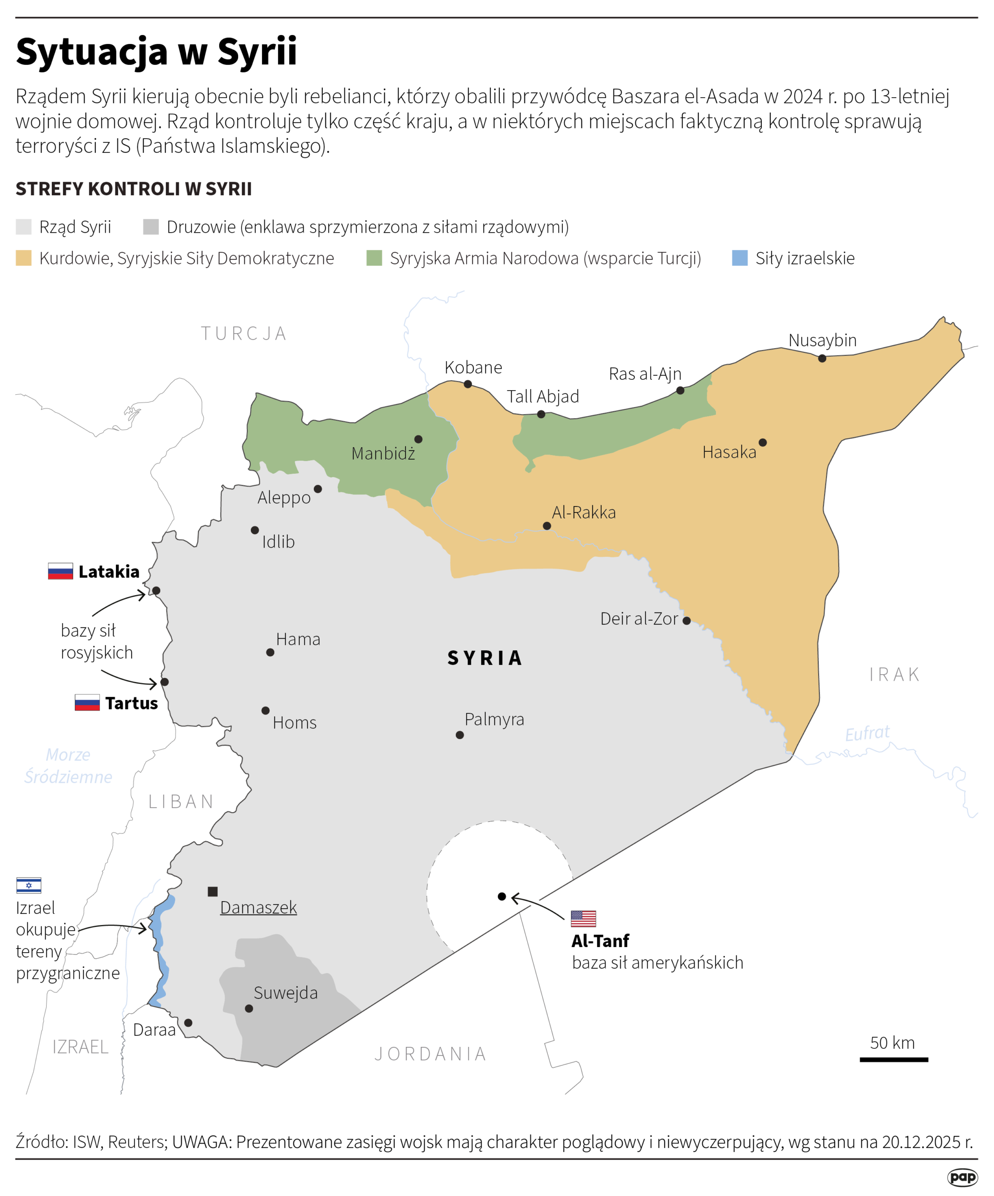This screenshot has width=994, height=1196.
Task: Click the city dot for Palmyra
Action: coord(460,735)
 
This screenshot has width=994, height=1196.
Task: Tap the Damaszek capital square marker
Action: coord(213,891)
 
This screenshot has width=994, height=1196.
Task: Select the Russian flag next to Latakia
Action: coord(60,571)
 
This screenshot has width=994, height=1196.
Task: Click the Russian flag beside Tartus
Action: coord(87,702)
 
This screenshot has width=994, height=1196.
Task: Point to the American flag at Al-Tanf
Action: coord(583,918)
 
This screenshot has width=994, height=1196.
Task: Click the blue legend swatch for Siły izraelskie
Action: coord(739,258)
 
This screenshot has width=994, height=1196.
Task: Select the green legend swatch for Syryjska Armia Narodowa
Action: coord(374,258)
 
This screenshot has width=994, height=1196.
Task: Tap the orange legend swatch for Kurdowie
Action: coord(23,258)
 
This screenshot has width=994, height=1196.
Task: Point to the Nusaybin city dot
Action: coord(822,358)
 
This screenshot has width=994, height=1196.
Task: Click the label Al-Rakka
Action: coord(583,513)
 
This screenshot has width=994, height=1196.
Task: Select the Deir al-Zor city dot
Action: coord(687,621)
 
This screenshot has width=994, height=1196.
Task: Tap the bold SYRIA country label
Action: coord(484,658)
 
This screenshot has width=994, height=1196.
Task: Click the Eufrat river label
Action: coord(866,733)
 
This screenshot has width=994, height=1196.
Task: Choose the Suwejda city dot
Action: coord(249,1008)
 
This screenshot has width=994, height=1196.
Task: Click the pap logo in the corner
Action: coord(962,1177)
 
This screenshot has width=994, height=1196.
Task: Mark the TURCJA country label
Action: coord(244,333)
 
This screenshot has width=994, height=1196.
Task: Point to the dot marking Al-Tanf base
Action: coord(502,897)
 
